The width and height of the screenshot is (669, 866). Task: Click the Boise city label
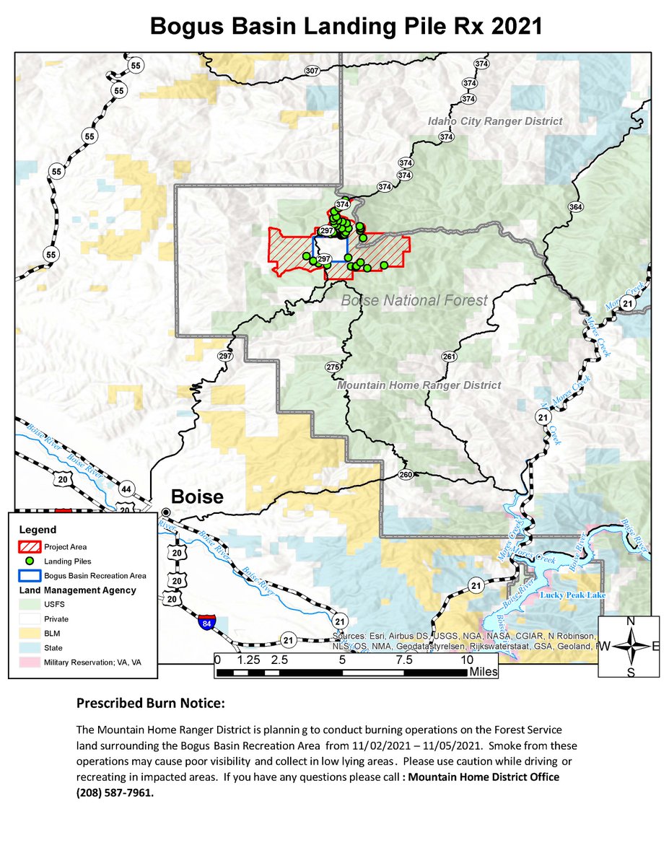(x=196, y=497)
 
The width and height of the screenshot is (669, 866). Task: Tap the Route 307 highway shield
(x=312, y=71)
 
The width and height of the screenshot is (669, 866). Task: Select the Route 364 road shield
(x=575, y=207)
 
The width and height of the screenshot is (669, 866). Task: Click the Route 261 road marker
(x=449, y=357)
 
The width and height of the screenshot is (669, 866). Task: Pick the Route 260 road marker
(x=405, y=474)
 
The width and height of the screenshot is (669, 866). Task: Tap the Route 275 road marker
(x=332, y=368)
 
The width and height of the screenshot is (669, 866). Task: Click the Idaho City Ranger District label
(x=494, y=121)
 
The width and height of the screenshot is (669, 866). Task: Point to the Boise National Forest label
(x=414, y=300)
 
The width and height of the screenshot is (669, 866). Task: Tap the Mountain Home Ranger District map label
(x=419, y=385)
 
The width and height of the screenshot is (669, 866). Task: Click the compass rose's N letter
(x=630, y=621)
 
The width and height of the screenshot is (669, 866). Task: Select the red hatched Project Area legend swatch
(x=30, y=546)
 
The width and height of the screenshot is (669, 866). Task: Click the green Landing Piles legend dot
(x=30, y=561)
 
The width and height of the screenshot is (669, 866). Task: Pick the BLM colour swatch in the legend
(x=30, y=634)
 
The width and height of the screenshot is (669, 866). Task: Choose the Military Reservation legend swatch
(x=30, y=662)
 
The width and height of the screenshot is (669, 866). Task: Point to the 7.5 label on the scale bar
(x=403, y=660)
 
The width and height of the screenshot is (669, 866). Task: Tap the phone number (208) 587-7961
(x=115, y=792)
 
